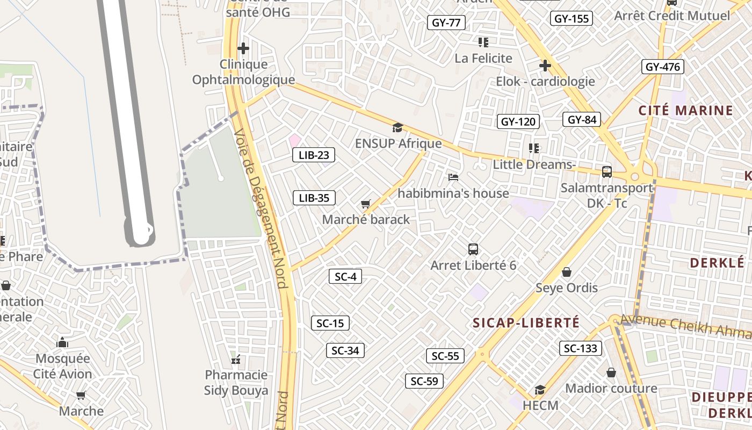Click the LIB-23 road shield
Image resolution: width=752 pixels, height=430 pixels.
pos(314,155)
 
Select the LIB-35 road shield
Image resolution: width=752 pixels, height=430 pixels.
pos(314,198)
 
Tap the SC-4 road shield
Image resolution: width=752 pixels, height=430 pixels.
pos(345,277)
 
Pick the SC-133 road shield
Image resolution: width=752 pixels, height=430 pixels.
pos(581,348)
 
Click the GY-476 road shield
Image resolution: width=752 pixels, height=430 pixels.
pos(663,67)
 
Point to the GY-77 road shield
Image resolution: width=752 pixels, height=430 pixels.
pos(446,23)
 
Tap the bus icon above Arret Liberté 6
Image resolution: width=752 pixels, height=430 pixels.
pos(473,249)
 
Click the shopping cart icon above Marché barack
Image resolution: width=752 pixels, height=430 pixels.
pos(366,204)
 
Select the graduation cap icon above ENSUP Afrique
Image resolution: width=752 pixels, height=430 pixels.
pos(397,128)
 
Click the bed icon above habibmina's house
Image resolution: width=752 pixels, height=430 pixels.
pos(453,177)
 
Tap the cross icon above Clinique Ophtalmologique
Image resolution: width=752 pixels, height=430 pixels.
pos(243,48)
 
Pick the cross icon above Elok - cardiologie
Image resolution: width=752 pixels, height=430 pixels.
pos(545,66)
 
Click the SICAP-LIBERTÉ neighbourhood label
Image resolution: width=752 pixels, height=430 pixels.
pos(526,322)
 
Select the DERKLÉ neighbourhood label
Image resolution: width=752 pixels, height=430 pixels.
pos(716,263)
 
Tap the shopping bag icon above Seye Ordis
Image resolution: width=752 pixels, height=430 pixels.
pos(567,273)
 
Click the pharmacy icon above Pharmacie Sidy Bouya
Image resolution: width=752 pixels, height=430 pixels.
pos(236,359)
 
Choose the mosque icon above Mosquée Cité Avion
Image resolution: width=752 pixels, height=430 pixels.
pos(62,342)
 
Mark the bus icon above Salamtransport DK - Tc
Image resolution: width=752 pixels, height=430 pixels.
pos(607,172)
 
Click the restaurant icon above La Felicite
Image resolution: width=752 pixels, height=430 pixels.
pos(483,42)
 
